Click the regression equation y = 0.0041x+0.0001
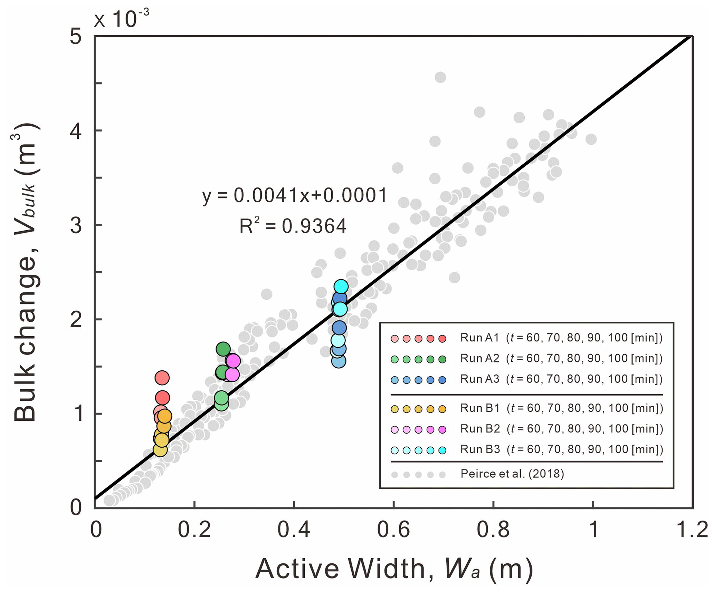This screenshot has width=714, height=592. pos(294,196)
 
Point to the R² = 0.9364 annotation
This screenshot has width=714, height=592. pos(293,226)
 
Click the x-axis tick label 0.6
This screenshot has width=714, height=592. pos(393,529)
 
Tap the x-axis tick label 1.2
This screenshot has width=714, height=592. pos(692,529)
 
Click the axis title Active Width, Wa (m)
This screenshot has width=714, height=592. pos(394,568)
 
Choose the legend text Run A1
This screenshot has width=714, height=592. pos(480,338)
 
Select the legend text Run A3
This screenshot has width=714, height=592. pos(480,379)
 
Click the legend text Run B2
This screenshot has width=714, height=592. pos(480,429)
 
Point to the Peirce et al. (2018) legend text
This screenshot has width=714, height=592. pos(512,474)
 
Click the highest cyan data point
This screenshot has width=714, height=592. pos(341,286)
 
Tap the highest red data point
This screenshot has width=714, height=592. pos(162,378)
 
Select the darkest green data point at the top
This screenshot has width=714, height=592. pos(223,349)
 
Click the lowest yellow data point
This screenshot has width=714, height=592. pos(160,450)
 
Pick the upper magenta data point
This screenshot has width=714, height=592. pos(233,361)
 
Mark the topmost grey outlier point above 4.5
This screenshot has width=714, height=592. pos(440,77)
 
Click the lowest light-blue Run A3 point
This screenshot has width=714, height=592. pos(339,361)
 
